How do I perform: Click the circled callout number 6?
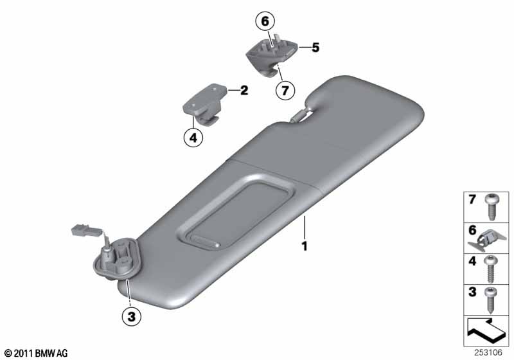(x=265, y=21)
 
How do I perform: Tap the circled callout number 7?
(x=285, y=90)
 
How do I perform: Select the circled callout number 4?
(x=193, y=138)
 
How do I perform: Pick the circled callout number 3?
(x=132, y=316)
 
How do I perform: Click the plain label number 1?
(x=305, y=246)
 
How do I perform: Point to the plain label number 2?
(x=244, y=90)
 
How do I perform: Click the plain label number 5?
(x=315, y=48)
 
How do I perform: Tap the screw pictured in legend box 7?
(x=492, y=207)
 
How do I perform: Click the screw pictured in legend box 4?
(x=491, y=269)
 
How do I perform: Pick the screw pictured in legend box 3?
(x=491, y=300)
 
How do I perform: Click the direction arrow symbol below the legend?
(x=486, y=330)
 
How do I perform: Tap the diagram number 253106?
(x=488, y=352)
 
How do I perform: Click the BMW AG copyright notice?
(x=36, y=353)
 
